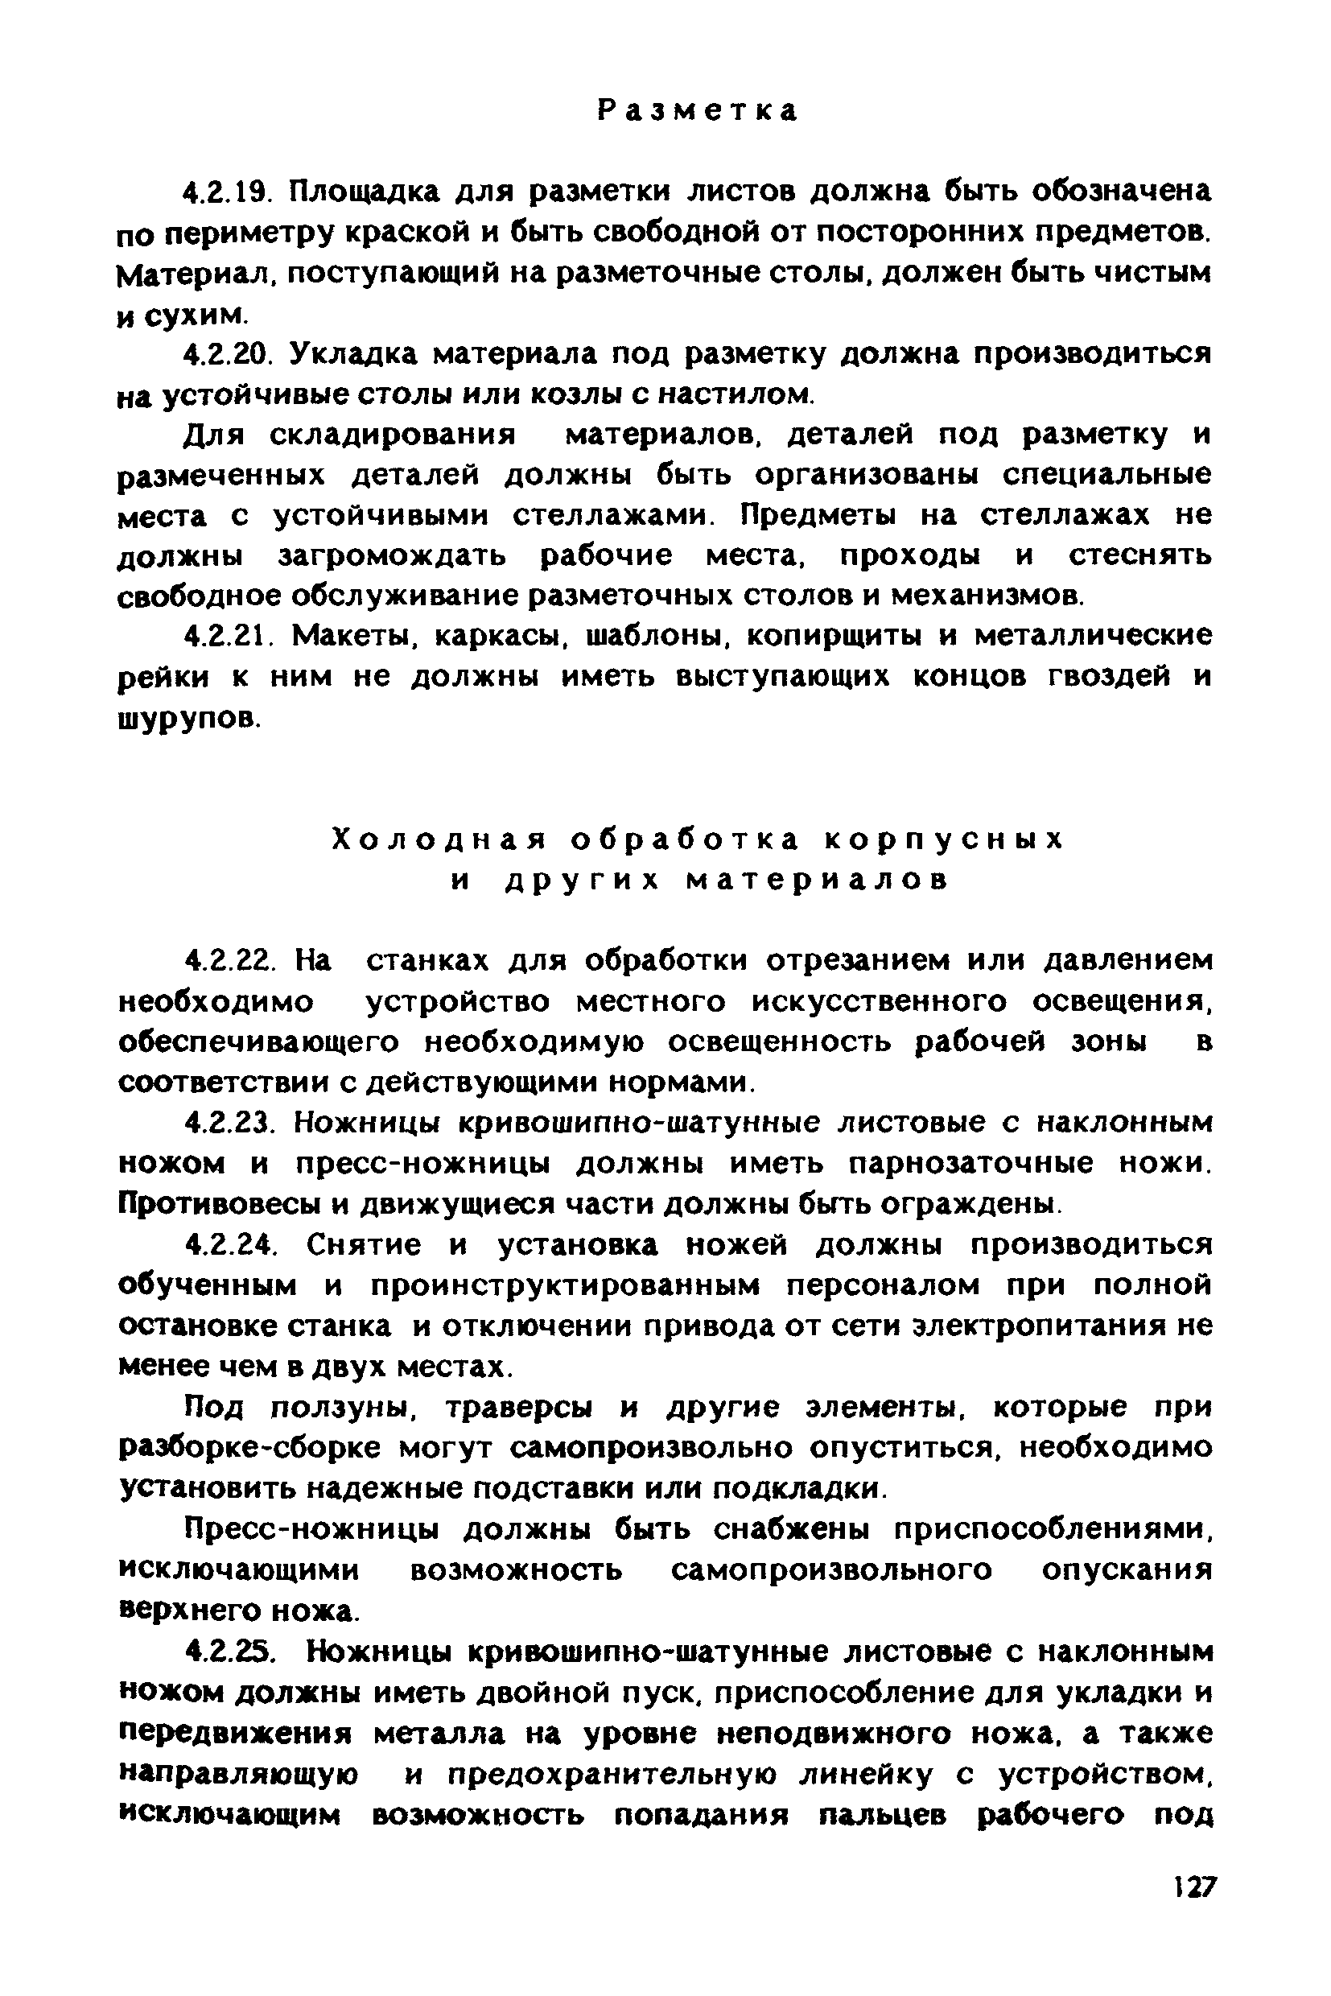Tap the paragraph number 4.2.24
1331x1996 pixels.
232,1245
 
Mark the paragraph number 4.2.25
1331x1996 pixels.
232,1652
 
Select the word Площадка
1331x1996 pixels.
366,192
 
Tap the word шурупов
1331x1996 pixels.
187,718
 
